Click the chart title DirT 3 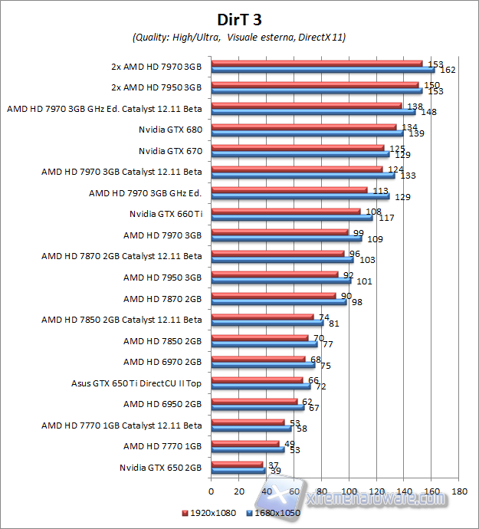pyautogui.click(x=238, y=18)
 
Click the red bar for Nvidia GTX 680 pyautogui.click(x=303, y=127)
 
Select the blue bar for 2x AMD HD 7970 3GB pyautogui.click(x=323, y=70)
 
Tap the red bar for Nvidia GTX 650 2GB pyautogui.click(x=236, y=464)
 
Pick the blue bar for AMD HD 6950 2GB pyautogui.click(x=257, y=406)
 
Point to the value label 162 pyautogui.click(x=448, y=70)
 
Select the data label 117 pyautogui.click(x=386, y=219)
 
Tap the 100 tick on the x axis pyautogui.click(x=349, y=491)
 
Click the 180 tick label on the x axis pyautogui.click(x=460, y=491)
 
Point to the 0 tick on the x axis pyautogui.click(x=211, y=491)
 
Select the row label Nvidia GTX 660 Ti pyautogui.click(x=166, y=213)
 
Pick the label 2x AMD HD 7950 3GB pyautogui.click(x=156, y=87)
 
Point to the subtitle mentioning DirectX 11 pyautogui.click(x=238, y=37)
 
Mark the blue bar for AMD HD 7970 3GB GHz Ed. pyautogui.click(x=300, y=196)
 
